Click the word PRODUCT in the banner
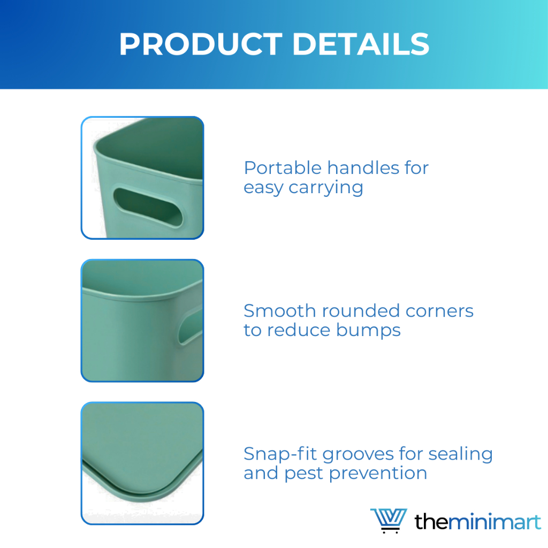[201, 44]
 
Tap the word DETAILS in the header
[361, 44]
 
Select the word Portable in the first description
[283, 168]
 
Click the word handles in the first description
[363, 168]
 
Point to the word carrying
[326, 188]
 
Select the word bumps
[368, 330]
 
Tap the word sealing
[461, 454]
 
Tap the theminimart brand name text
[478, 522]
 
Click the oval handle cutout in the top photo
[148, 208]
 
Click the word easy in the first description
[263, 188]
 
